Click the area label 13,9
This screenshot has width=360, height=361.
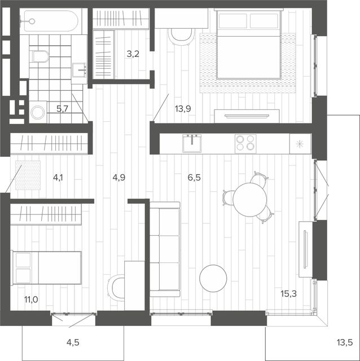pos(183,108)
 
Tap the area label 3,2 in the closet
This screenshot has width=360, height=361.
pos(133,54)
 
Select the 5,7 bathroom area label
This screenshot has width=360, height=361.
pos(63,108)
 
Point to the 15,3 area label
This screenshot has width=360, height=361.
pos(288,293)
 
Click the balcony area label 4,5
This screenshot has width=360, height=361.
pos(73,342)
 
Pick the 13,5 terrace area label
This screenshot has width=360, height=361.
pos(345,342)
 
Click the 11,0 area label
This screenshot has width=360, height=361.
pos(32,300)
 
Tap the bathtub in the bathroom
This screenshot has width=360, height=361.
pos(51,21)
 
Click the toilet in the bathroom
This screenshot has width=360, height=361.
pos(39,56)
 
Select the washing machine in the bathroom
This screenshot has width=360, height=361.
pos(38,112)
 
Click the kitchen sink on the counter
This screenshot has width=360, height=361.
pos(192,143)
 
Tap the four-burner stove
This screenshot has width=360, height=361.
pos(245,144)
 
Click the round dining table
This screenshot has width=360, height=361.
pos(249,199)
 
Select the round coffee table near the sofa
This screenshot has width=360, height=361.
pos(213,278)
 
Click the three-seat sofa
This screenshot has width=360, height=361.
pos(165,249)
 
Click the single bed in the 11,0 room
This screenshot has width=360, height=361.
pos(46,268)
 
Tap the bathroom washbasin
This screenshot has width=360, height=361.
pos(79,70)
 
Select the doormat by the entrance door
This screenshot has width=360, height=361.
pos(28,175)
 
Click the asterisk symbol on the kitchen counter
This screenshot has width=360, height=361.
pos(300,144)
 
